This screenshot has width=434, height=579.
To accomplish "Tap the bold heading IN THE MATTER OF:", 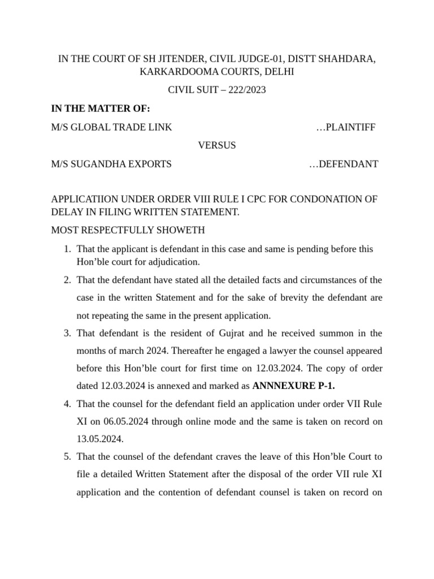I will click(101, 109).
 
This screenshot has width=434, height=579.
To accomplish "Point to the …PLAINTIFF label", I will click(346, 127).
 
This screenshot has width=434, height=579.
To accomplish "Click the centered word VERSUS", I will click(217, 145).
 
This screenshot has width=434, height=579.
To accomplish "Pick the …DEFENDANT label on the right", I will click(344, 164).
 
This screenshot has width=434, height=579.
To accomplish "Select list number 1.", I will click(67, 249).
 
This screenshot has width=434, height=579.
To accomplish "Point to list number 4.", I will click(67, 404).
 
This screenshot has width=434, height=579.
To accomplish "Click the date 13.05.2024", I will click(99, 439).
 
